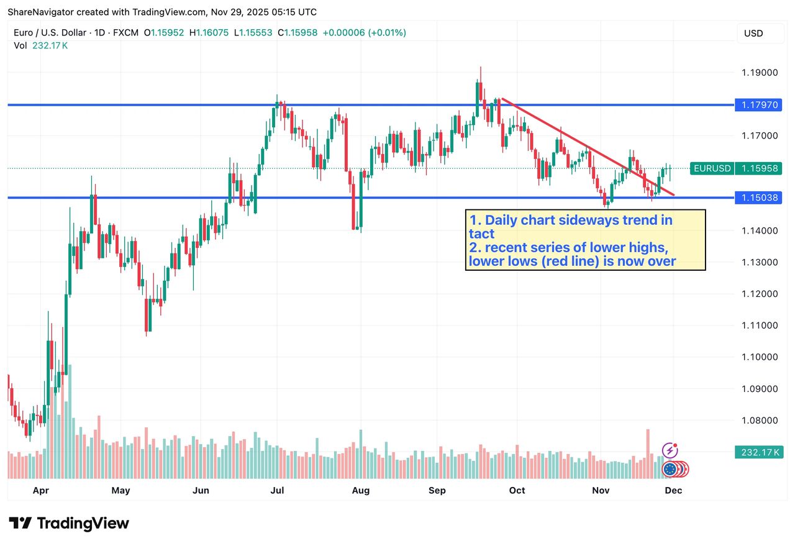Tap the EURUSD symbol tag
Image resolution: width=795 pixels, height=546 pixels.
712,168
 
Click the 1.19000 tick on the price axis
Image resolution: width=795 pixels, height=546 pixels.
760,73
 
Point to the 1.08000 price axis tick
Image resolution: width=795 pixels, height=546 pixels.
760,421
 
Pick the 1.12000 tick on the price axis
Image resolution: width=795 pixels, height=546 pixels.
760,294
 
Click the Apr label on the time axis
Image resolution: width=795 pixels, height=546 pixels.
41,491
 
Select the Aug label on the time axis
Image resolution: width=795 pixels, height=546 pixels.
361,491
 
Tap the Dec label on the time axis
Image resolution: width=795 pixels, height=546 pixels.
674,491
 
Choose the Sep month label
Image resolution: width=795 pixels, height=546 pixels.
438,491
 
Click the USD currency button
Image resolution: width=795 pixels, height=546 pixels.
753,34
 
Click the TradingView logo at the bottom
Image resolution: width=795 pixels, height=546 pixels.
69,523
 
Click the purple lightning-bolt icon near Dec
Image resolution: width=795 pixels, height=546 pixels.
670,450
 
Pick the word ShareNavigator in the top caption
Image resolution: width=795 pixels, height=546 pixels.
41,12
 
